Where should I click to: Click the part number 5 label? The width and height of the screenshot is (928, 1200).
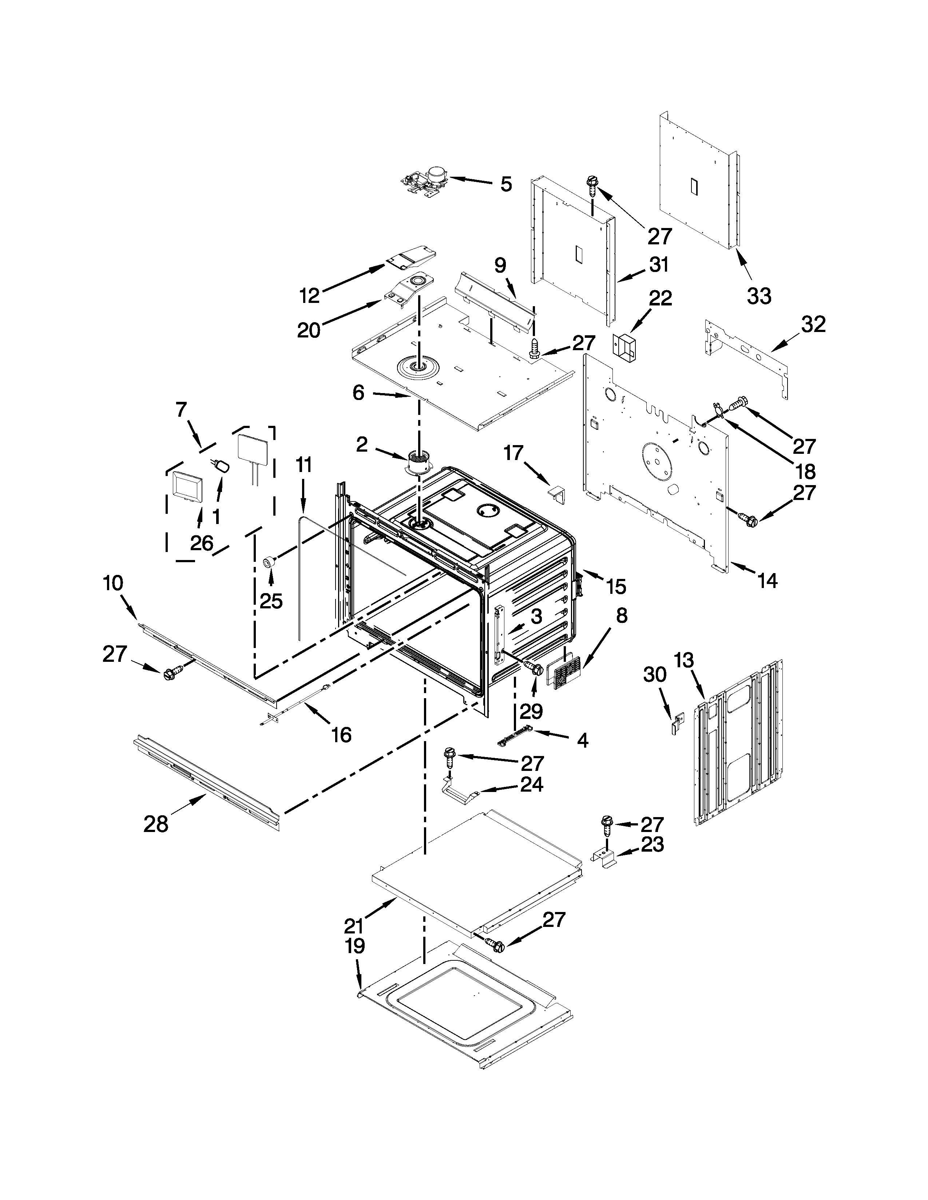pos(506,184)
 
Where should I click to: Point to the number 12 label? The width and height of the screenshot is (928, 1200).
pos(310,296)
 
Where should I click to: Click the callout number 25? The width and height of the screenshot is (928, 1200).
pos(271,601)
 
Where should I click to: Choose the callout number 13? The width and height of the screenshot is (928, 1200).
pos(684,660)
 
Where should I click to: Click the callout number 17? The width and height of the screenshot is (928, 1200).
pos(513,453)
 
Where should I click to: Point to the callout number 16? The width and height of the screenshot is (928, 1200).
pos(341,735)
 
